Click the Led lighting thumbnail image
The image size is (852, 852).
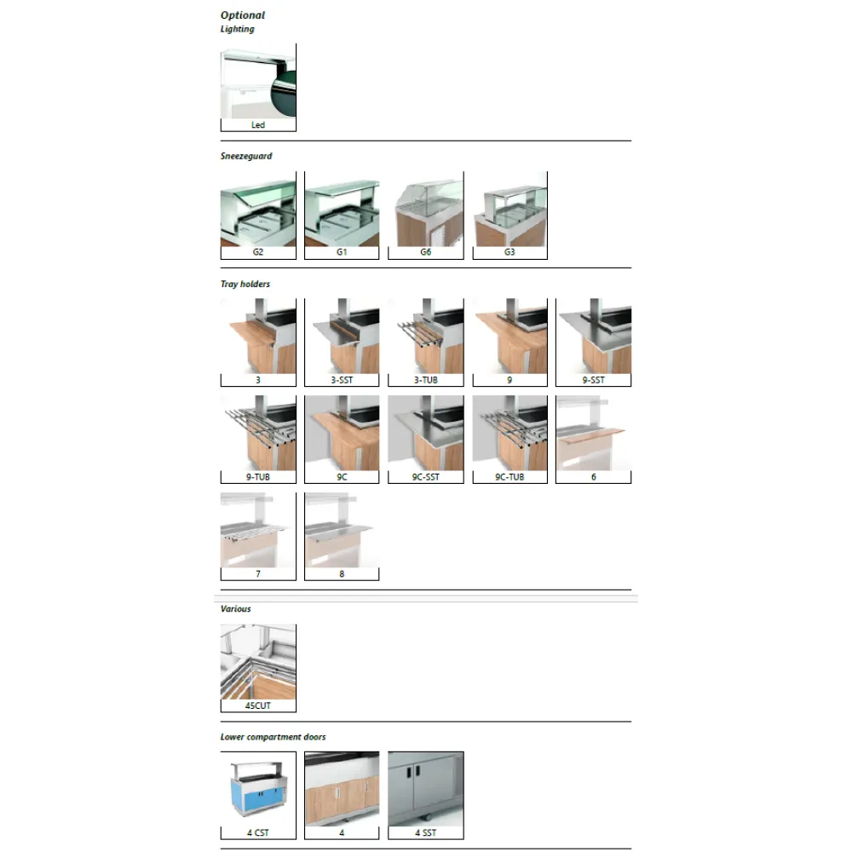(x=258, y=83)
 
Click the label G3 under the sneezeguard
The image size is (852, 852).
(x=509, y=252)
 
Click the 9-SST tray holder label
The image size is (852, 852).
(x=594, y=380)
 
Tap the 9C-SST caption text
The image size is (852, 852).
(x=426, y=477)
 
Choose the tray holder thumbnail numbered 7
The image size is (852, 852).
(x=258, y=530)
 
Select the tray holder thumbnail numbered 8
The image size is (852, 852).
(x=342, y=530)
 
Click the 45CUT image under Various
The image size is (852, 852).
(x=258, y=661)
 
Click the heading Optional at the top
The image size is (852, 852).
(x=243, y=15)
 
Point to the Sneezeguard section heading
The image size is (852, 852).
(x=246, y=157)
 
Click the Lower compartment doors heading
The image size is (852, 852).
(x=273, y=737)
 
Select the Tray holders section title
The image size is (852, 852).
(x=245, y=284)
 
